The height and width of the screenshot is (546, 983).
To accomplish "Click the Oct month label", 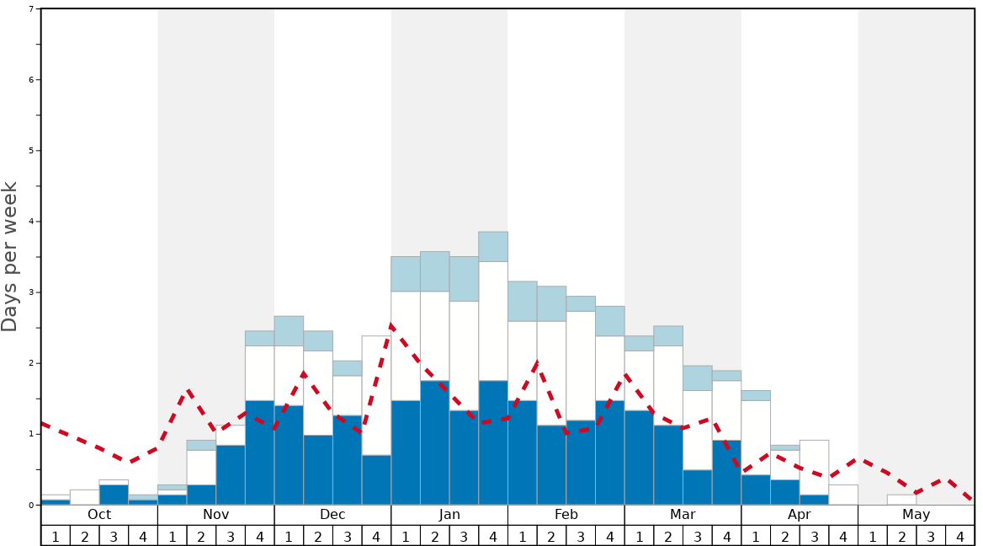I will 99,515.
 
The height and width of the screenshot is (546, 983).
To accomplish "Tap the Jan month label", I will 449,515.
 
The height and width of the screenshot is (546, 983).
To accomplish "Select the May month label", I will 916,515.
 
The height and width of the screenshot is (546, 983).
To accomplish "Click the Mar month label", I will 683,515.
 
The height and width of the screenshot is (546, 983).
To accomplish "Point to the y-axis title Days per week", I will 10,256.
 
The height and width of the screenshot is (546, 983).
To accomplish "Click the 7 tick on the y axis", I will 31,9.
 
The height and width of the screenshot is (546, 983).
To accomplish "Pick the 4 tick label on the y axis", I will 31,222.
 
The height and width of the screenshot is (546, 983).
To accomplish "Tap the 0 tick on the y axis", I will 31,505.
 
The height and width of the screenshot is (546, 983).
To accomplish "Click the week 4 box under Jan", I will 493,536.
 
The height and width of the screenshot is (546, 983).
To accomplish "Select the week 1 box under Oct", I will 56,536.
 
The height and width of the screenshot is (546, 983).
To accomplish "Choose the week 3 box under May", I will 931,536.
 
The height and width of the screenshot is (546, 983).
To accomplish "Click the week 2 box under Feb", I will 551,536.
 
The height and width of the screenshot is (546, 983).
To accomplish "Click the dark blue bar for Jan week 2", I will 435,442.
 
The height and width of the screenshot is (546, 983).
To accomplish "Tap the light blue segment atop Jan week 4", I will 493,246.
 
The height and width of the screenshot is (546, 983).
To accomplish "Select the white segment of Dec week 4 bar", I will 376,395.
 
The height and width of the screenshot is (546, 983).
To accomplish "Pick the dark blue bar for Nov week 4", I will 259,452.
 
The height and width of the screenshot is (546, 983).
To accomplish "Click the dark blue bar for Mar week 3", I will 698,487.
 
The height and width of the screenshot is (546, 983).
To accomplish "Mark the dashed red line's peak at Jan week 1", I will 392,324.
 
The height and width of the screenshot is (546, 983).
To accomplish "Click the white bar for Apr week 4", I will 843,495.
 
